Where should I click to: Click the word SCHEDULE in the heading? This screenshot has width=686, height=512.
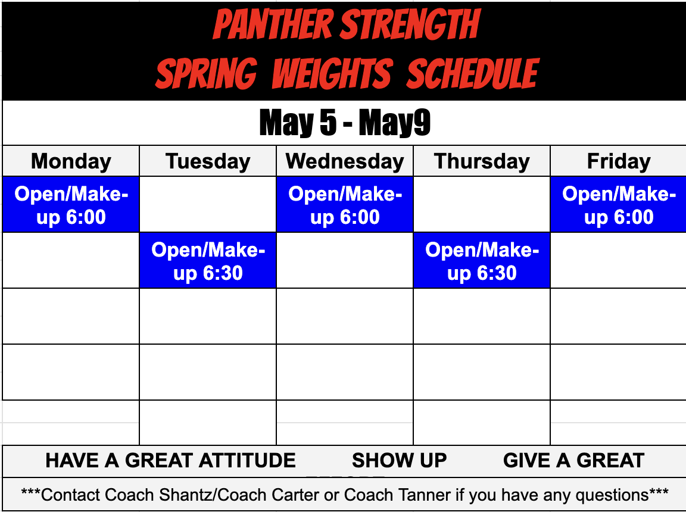[x=473, y=74]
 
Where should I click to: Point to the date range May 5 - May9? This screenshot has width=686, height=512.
[x=345, y=123]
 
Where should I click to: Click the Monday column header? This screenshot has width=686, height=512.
[x=71, y=161]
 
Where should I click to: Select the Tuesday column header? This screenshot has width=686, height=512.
[x=208, y=161]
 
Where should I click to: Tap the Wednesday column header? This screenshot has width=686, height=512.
[x=345, y=161]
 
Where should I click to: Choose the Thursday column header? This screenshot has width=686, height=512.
[x=482, y=161]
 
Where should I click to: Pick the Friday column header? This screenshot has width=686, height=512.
[x=619, y=161]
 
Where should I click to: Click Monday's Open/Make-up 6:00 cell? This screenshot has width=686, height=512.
[x=71, y=205]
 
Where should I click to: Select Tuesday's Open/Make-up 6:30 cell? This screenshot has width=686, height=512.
[x=208, y=261]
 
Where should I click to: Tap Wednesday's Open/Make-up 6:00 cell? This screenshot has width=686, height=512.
[x=345, y=205]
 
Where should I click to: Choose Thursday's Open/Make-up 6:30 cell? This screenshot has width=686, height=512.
[x=482, y=261]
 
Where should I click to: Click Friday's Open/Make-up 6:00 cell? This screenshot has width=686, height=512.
[x=619, y=205]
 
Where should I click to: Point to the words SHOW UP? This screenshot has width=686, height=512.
[x=399, y=461]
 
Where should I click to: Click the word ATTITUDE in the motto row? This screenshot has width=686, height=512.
[x=247, y=461]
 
